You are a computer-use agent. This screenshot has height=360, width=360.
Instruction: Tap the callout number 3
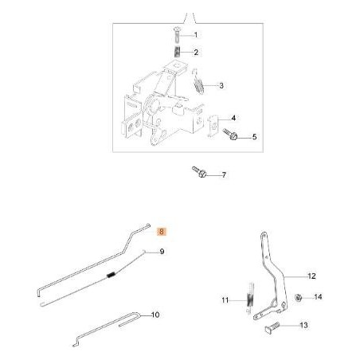pyautogui.click(x=221, y=85)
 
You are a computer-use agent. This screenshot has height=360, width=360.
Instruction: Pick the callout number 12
pyautogui.click(x=311, y=276)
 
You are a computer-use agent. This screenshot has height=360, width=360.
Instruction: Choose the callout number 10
pyautogui.click(x=155, y=315)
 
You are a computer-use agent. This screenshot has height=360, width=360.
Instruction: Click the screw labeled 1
pyautogui.click(x=176, y=35)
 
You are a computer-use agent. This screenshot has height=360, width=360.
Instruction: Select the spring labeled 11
pyautogui.click(x=249, y=297)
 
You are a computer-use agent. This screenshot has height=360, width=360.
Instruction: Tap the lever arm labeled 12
pyautogui.click(x=275, y=271)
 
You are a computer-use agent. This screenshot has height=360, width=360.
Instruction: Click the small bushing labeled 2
pyautogui.click(x=176, y=52)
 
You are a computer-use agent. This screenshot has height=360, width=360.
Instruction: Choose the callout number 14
pyautogui.click(x=318, y=297)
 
